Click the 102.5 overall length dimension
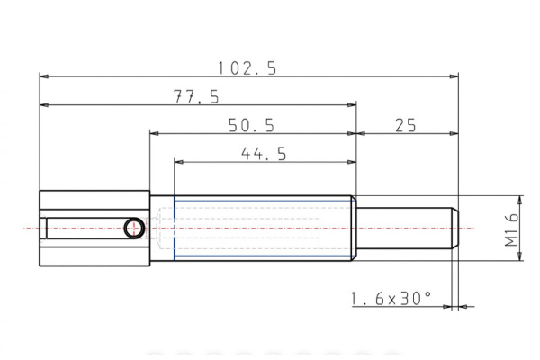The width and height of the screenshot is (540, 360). [x=247, y=67]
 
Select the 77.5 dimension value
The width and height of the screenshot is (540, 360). [x=196, y=96]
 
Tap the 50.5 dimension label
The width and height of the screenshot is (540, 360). [x=251, y=124]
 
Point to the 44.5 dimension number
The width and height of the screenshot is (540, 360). [x=264, y=154]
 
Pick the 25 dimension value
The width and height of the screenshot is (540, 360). [x=405, y=125]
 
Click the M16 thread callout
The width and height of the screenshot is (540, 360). [x=510, y=229]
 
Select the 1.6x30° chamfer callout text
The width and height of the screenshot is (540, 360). [x=390, y=297]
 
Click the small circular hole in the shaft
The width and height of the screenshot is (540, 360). [x=134, y=228]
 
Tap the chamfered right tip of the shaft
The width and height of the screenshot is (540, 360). [x=455, y=229]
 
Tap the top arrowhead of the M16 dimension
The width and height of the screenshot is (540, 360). [x=519, y=200]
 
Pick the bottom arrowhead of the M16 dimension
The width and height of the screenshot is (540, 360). [x=519, y=257]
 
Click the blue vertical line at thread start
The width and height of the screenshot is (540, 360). [x=174, y=229]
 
